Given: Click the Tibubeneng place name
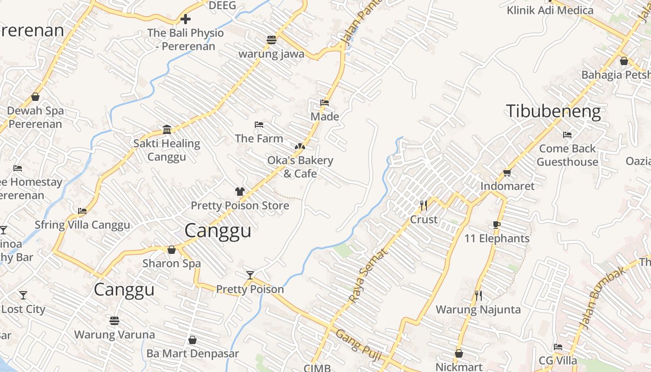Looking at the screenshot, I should point(553,112).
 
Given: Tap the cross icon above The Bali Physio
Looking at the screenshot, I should point(185,19).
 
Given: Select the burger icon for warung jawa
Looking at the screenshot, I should point(272,40).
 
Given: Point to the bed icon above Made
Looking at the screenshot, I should point(325,103).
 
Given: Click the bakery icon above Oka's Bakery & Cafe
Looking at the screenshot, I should point(300,146).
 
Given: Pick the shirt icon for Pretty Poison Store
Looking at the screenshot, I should point(239,192).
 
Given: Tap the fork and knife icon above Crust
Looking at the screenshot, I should point(424,206).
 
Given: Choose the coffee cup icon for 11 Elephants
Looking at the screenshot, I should point(497,225).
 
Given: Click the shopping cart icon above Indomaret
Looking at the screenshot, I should point(507,173).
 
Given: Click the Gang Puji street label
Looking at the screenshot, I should point(358,345).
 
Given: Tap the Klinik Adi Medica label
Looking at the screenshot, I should point(550,10).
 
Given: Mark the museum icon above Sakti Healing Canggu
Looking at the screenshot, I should point(167,129).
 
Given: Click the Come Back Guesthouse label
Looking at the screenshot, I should point(567,155).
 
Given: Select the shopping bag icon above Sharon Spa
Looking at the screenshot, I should point(172,250).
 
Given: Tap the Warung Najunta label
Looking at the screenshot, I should point(478,309).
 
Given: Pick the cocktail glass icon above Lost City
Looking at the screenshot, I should point(23,295).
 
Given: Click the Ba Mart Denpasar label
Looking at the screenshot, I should point(193,353).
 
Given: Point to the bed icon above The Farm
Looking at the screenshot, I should point(259,125).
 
